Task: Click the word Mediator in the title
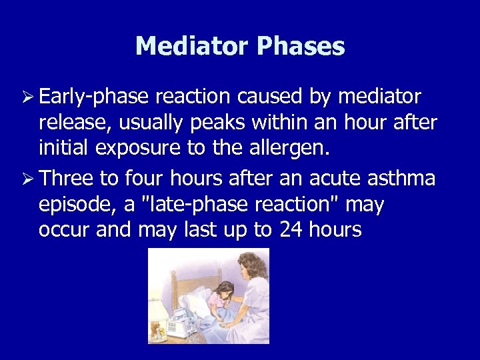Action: coord(192,47)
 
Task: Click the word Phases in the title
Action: coord(301,47)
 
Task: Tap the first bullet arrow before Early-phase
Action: coord(28,97)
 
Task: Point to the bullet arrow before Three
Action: coord(28,179)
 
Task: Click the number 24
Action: coord(292,230)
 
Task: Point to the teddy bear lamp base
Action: coord(158,330)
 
